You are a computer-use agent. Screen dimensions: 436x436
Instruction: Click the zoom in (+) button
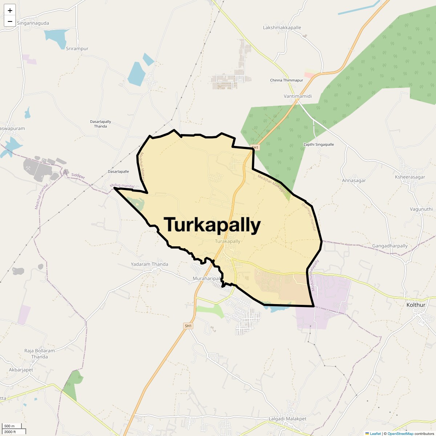[x=10, y=11]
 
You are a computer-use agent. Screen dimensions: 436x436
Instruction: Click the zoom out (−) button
[x=10, y=21]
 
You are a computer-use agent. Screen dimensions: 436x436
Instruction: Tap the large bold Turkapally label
[x=212, y=225]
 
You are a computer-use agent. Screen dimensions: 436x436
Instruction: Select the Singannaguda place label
[x=33, y=23]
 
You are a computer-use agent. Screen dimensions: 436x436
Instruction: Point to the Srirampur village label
[x=77, y=48]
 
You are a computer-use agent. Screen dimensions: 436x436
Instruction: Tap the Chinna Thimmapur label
[x=286, y=80]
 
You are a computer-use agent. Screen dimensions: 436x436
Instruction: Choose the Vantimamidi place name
[x=298, y=96]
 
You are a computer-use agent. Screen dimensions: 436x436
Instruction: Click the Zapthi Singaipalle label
[x=318, y=144]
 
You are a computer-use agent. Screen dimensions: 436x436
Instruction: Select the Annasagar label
[x=354, y=180]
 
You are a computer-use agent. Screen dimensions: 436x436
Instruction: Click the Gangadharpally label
[x=390, y=246]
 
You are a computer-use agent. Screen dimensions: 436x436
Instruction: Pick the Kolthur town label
[x=416, y=305]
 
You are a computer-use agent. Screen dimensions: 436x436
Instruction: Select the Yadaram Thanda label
[x=149, y=264]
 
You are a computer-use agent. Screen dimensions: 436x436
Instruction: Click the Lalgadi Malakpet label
[x=287, y=419]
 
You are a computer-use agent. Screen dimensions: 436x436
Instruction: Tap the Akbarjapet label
[x=21, y=370]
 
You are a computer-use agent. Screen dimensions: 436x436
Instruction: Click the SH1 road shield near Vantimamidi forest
[x=255, y=148]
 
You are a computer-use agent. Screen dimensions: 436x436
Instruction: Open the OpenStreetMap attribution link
[x=400, y=433]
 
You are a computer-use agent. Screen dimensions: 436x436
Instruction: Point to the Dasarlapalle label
[x=118, y=171]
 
